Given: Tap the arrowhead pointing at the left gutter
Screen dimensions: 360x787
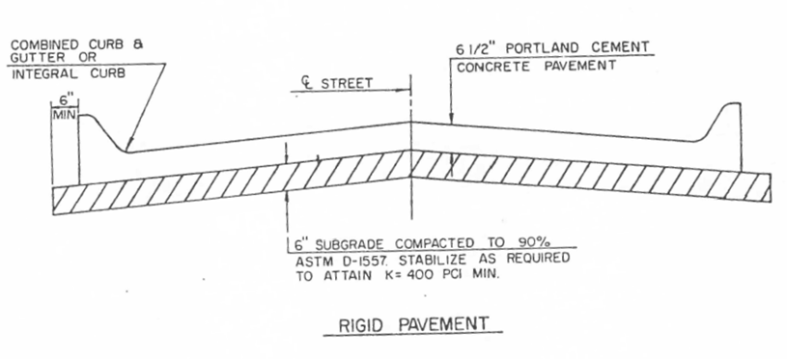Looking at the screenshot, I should (126, 147).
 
